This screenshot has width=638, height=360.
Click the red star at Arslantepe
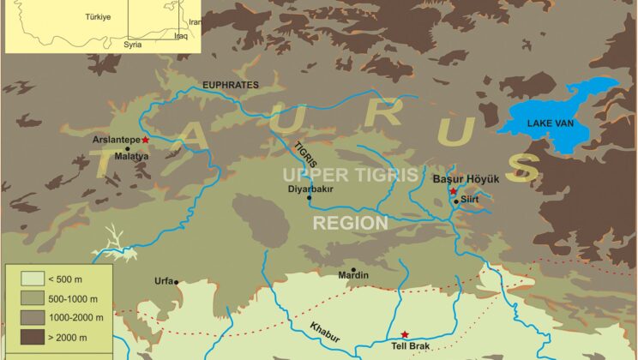coord(146,139)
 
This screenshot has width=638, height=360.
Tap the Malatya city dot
coord(128,148)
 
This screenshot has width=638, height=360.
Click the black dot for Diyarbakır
coord(309,198)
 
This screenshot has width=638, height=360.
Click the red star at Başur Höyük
coord(453,191)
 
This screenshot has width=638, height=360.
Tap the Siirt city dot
coord(456,201)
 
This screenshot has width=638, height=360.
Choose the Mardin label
coord(353,275)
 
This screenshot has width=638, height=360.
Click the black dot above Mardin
coord(352,268)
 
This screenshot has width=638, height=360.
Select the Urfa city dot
coord(176,282)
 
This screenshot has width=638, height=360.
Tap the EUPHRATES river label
coord(229,84)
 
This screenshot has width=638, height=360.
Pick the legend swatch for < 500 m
coord(23,278)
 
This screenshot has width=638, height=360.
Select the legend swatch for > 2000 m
coord(23,337)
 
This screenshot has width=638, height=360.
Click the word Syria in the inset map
coord(132,45)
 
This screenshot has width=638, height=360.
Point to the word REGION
coord(349,223)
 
